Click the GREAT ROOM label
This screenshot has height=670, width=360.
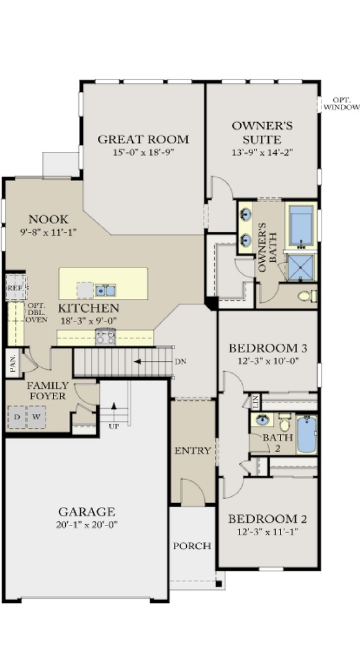pyautogui.click(x=143, y=140)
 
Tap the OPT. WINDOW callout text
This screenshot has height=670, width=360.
pyautogui.click(x=341, y=104)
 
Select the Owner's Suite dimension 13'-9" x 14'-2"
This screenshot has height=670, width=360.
pyautogui.click(x=262, y=153)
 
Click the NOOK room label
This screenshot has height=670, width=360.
pyautogui.click(x=48, y=220)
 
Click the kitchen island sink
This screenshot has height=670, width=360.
pyautogui.click(x=105, y=290)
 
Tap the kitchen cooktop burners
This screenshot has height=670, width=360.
pyautogui.click(x=105, y=337)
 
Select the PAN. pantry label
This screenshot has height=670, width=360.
pyautogui.click(x=13, y=363)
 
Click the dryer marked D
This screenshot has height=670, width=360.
pyautogui.click(x=17, y=417)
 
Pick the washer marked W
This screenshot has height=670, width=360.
pyautogui.click(x=37, y=417)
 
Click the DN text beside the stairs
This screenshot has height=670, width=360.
pyautogui.click(x=180, y=362)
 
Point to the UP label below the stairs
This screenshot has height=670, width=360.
pyautogui.click(x=114, y=426)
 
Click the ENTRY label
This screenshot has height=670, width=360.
pyautogui.click(x=193, y=450)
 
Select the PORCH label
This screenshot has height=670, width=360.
pyautogui.click(x=192, y=546)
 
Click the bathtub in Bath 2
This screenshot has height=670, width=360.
pyautogui.click(x=307, y=434)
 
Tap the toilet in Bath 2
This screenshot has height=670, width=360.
pyautogui.click(x=284, y=422)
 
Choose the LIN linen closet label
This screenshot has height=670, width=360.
pyautogui.click(x=255, y=401)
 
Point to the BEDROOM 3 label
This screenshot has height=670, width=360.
pyautogui.click(x=268, y=348)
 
